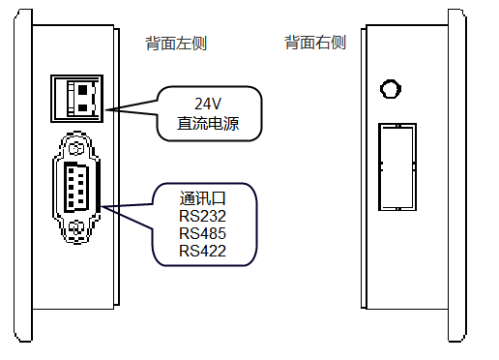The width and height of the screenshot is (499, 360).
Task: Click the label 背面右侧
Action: (x=315, y=44)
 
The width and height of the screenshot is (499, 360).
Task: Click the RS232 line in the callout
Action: (x=203, y=215)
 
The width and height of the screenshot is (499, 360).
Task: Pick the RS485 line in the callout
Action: (x=203, y=233)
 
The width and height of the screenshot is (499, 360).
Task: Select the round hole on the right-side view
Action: (x=390, y=89)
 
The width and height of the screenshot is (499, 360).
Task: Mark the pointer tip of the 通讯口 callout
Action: (x=100, y=206)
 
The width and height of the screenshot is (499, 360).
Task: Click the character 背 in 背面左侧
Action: (x=153, y=44)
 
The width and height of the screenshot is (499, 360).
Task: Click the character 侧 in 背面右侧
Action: (x=338, y=44)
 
